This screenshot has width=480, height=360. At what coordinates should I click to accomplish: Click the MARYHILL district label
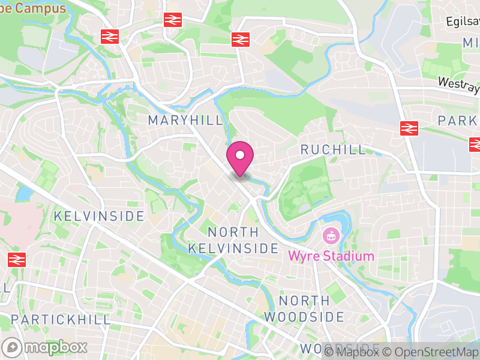[185, 120]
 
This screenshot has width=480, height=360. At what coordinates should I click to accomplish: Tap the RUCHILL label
[333, 149]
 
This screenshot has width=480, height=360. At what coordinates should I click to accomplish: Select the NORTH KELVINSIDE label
[233, 240]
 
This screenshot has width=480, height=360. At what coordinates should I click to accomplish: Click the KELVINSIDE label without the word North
[99, 216]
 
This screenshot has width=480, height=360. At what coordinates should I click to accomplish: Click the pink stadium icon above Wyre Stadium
[330, 236]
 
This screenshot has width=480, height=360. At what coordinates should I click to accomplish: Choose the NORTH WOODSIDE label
[304, 308]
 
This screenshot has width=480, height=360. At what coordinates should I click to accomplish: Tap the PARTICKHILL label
[61, 319]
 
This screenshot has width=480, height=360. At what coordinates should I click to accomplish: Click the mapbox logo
[45, 347]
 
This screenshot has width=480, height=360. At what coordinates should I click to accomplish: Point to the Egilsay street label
[463, 22]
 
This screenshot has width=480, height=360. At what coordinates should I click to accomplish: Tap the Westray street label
[459, 85]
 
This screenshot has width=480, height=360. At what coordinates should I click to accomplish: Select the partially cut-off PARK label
[459, 120]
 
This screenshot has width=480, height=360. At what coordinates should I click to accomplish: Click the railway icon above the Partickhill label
[17, 260]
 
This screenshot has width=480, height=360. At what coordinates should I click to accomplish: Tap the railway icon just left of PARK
[409, 128]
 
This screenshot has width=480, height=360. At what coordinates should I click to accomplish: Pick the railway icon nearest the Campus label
[109, 37]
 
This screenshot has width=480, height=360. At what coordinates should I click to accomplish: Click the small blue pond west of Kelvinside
[25, 194]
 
